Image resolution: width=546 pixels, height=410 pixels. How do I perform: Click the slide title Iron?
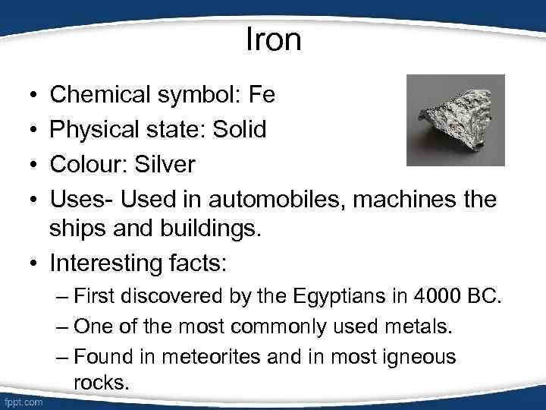tap(274, 39)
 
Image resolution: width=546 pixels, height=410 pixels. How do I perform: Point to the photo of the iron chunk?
tap(455, 120)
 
